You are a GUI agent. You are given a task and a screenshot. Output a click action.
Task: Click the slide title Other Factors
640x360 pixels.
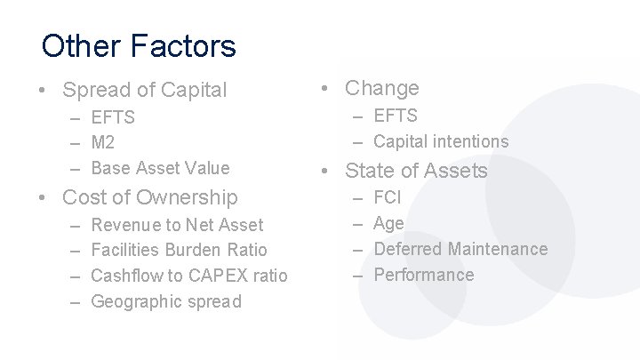(x=139, y=46)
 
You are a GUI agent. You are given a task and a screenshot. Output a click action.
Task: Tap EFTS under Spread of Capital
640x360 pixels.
(x=113, y=117)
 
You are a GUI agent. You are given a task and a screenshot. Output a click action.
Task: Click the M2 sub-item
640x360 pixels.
(x=103, y=142)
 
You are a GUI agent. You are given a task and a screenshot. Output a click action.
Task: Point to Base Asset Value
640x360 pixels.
(x=160, y=167)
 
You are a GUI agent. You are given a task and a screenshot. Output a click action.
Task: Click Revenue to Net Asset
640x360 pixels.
(x=177, y=226)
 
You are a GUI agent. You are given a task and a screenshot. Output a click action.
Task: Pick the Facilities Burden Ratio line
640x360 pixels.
(x=179, y=251)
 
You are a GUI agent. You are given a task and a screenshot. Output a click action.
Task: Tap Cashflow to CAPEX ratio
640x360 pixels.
(x=189, y=276)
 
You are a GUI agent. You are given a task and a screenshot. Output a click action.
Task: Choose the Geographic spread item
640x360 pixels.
(x=165, y=301)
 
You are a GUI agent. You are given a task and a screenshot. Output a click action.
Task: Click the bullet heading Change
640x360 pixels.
(x=381, y=88)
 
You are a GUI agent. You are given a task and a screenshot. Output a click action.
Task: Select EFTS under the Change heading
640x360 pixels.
(x=395, y=116)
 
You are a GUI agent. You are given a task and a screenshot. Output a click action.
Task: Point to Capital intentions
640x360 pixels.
(x=441, y=141)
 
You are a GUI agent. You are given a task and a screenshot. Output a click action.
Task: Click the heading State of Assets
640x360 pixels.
(x=416, y=171)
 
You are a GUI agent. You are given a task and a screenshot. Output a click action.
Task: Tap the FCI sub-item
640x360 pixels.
(x=388, y=197)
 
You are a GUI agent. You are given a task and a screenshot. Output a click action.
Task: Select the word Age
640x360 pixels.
(x=388, y=223)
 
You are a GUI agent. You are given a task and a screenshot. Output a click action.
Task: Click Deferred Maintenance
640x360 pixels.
(x=460, y=250)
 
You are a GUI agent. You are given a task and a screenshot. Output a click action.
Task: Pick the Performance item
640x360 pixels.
(x=424, y=275)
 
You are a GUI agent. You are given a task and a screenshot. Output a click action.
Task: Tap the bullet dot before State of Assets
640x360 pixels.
(x=326, y=171)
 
